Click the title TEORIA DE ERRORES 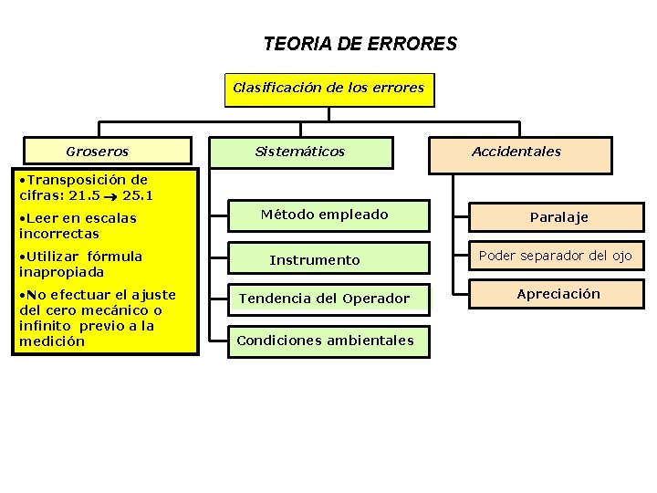(360, 44)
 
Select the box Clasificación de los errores (328, 89)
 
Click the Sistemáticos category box (300, 152)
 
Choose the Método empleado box (325, 215)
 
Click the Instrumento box (315, 260)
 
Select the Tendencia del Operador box (325, 299)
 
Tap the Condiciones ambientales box (325, 341)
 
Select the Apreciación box (558, 294)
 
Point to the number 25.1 (137, 195)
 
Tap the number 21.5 (84, 195)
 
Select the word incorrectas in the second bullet (58, 234)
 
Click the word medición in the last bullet (52, 341)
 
